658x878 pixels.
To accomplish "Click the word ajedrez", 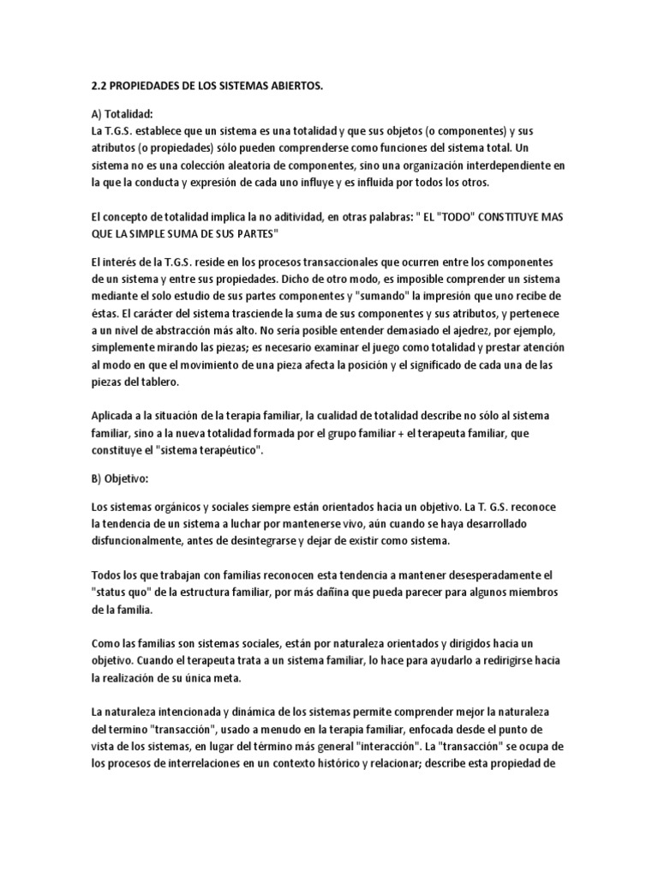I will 458,331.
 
